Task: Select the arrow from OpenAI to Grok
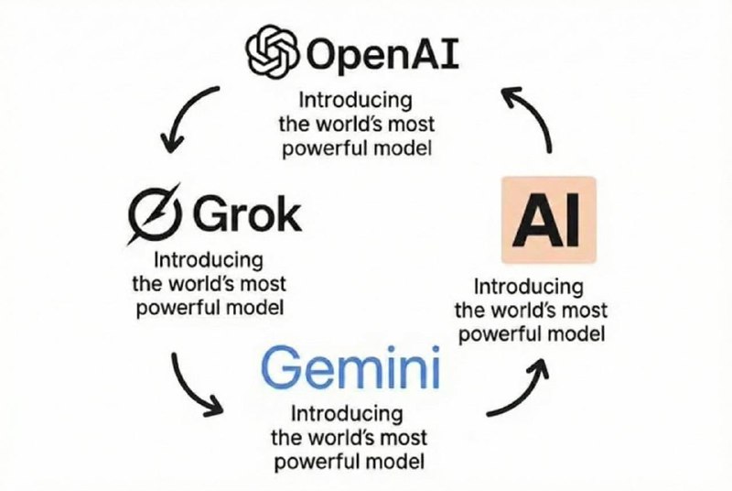(x=188, y=116)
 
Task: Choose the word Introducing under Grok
(x=208, y=261)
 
